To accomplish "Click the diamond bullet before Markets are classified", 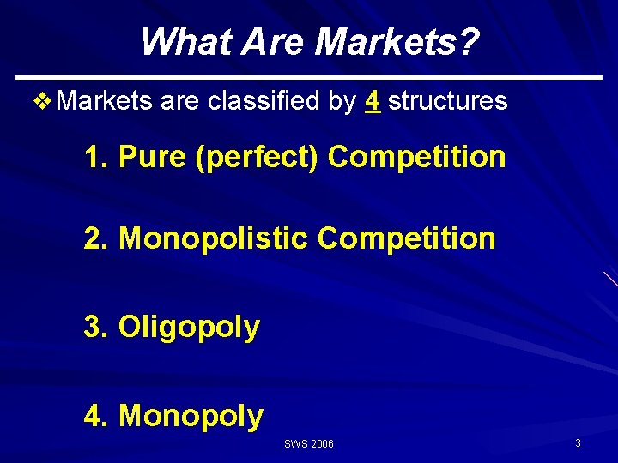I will tap(42, 101).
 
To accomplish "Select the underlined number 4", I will tap(373, 101).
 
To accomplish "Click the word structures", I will tap(448, 101).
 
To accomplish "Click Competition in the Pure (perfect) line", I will tap(417, 157).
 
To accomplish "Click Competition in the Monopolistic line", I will tap(406, 238).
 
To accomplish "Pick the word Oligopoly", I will tap(189, 328).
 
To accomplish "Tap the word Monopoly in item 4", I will tap(191, 416).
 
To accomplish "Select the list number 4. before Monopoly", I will tap(96, 416).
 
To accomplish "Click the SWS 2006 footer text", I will tap(309, 443).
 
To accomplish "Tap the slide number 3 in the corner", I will tap(579, 442).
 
